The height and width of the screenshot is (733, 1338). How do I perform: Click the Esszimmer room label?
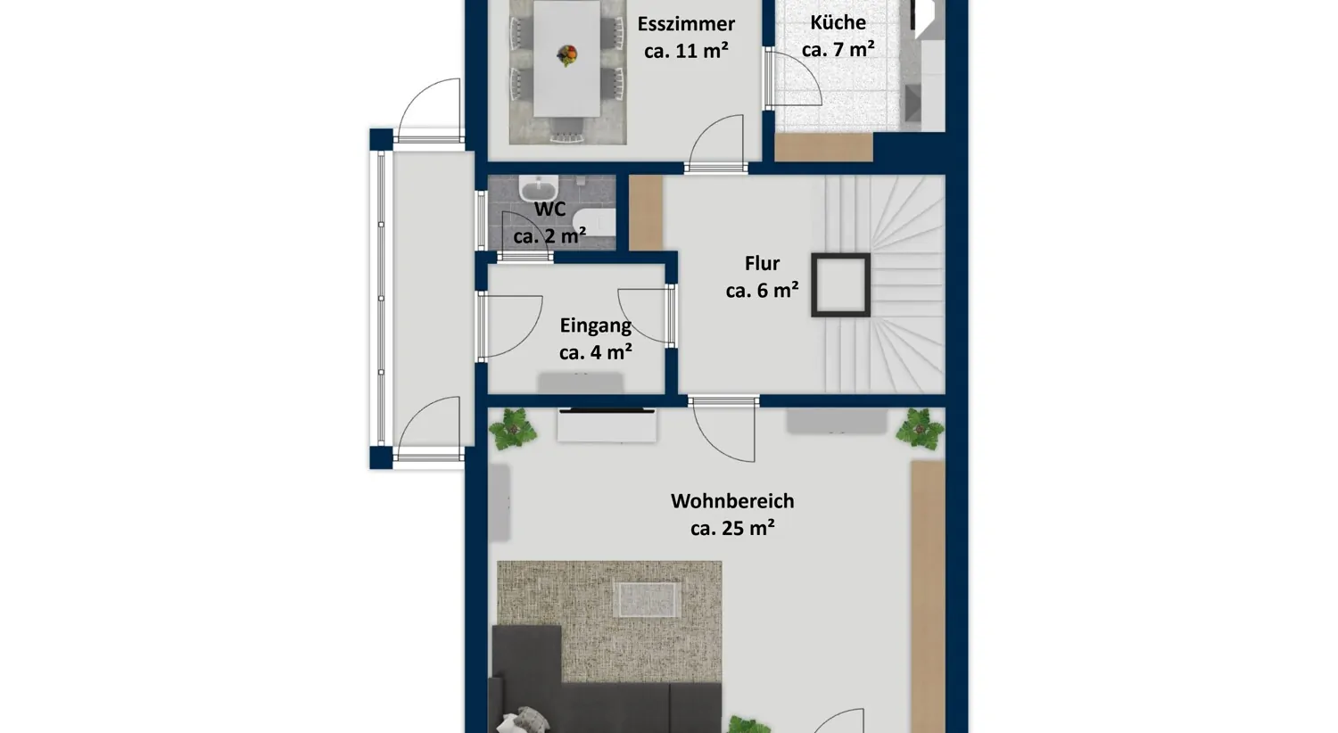[686, 24]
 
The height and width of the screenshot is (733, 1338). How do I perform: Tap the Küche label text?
[838, 22]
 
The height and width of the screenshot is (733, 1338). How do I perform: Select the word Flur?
[762, 263]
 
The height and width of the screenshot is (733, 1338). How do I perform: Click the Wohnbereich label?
[732, 501]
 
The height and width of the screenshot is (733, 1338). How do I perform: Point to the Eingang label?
[596, 325]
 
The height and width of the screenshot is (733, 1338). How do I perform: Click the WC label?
[549, 209]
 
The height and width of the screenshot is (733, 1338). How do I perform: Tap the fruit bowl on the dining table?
[567, 55]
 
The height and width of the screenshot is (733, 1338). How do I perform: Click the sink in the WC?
[538, 187]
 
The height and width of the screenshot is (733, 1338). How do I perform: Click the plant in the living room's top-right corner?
[920, 427]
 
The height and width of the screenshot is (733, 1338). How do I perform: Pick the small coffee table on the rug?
[648, 599]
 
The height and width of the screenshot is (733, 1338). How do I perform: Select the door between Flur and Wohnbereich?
[723, 430]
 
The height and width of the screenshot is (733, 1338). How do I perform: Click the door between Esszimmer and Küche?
[793, 78]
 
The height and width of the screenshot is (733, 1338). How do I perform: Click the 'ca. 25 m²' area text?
[732, 528]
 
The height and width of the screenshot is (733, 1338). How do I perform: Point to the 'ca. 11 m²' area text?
[686, 51]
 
